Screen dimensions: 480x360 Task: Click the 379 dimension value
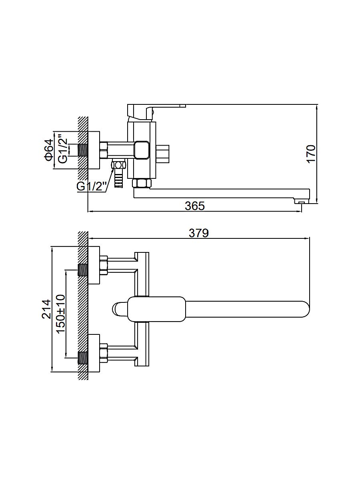coord(199,233)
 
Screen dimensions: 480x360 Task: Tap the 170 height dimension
coord(312,154)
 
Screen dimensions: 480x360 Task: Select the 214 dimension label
coord(47,309)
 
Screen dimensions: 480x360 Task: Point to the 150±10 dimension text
coord(60,314)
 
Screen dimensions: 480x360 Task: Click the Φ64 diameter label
coord(48,150)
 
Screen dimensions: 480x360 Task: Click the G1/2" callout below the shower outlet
coord(92,186)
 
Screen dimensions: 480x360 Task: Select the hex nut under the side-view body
coord(142,184)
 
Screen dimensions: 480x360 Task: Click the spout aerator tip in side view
coord(302,202)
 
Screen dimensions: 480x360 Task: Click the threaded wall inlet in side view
coord(83,150)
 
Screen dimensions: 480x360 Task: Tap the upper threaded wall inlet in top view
coord(83,270)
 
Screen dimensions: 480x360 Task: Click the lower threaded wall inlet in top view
coord(83,357)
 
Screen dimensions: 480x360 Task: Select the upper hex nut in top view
coord(104,265)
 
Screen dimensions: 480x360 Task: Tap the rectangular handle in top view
coord(157,309)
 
